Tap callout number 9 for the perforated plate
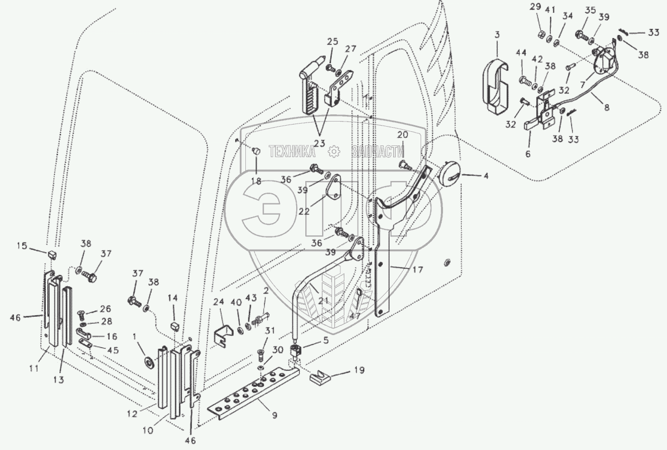click(274, 415)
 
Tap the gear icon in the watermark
click(334, 151)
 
